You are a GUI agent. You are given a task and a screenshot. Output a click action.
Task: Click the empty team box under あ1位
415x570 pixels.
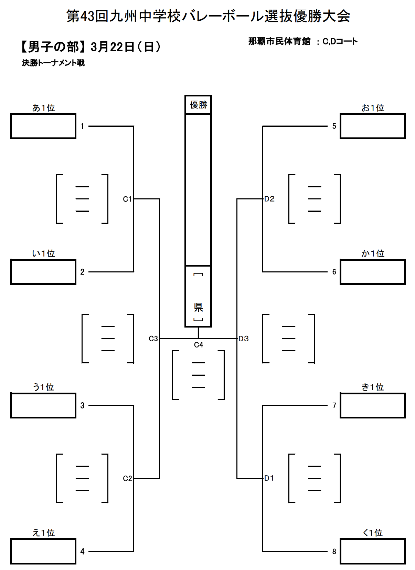tap(43, 126)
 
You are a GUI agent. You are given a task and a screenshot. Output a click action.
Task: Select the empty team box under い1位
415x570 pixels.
tap(43, 272)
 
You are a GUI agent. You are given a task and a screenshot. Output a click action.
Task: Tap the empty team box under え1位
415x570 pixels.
tap(43, 551)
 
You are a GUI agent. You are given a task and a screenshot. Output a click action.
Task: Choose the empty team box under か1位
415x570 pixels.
tap(372, 272)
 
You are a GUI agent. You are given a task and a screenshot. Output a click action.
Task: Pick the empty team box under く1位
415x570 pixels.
tap(372, 551)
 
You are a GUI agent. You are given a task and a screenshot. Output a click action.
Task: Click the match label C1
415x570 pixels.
tap(127, 199)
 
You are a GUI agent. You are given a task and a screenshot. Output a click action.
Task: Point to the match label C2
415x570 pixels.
tap(127, 478)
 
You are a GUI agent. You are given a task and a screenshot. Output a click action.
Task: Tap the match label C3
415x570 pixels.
tap(153, 339)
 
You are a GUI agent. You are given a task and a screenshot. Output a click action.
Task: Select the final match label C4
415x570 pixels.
tap(199, 345)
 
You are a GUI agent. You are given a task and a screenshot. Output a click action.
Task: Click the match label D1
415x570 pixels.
tap(269, 478)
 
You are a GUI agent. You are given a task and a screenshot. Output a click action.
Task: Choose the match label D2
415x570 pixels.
tap(269, 199)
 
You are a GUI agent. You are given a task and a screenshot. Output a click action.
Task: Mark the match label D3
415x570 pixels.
tap(244, 339)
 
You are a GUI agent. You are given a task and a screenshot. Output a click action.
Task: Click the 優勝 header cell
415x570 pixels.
tap(199, 105)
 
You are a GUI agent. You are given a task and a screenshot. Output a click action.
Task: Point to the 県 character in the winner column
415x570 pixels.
tap(199, 307)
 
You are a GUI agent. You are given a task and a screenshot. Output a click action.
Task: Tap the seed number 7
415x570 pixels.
tap(334, 405)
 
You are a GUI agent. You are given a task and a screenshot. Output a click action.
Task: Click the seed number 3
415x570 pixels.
tap(82, 405)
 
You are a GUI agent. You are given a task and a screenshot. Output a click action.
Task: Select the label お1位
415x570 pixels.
tap(373, 108)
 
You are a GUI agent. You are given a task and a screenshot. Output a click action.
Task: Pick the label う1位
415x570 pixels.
tap(43, 387)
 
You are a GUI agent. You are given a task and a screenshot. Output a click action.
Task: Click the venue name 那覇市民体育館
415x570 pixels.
tap(279, 41)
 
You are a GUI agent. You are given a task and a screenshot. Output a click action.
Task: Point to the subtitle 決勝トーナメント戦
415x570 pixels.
tap(53, 63)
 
